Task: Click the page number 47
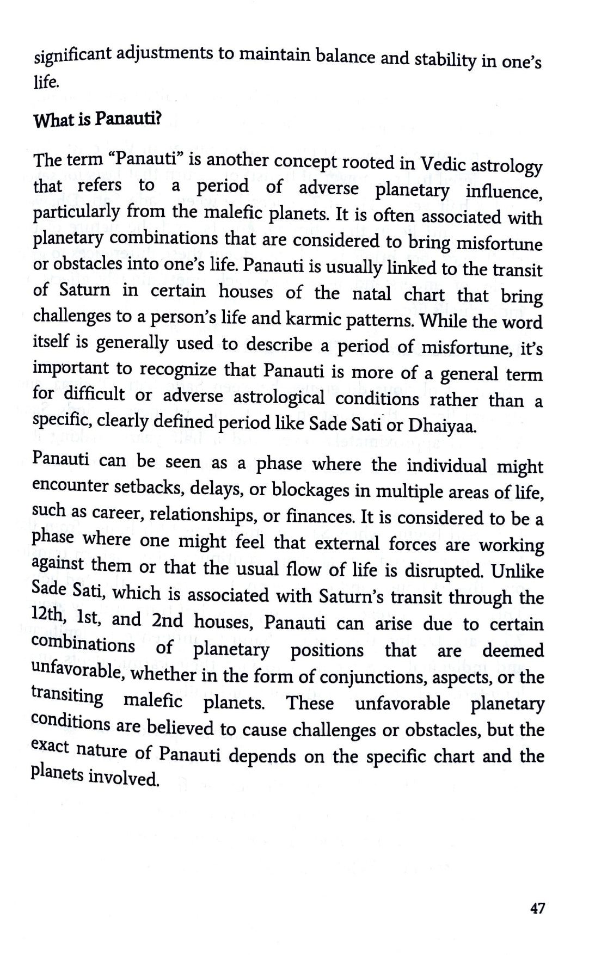click(x=537, y=908)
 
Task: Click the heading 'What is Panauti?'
click(x=97, y=120)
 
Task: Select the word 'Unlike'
click(x=517, y=572)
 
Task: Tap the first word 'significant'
click(x=73, y=55)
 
